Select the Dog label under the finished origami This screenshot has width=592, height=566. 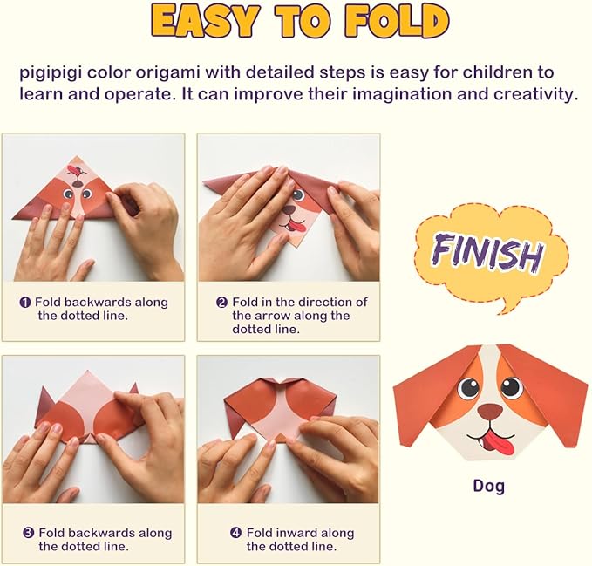(x=488, y=486)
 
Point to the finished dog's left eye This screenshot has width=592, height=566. (x=469, y=388)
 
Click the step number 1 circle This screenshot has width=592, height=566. (x=25, y=303)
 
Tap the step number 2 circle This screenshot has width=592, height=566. (x=221, y=303)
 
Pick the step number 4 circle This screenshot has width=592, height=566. (x=235, y=533)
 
